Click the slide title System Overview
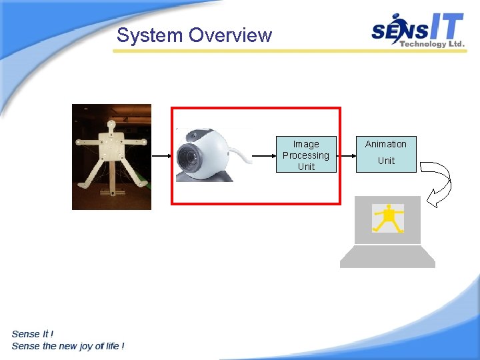pos(194,35)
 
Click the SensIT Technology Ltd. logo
pos(417,31)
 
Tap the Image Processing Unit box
pos(306,155)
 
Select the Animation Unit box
pos(386,154)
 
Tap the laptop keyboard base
pos(387,257)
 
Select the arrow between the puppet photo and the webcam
pos(162,155)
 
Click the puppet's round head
pos(111,125)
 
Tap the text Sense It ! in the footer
pos(33,334)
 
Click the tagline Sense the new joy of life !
pos(68,345)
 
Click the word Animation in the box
pos(386,144)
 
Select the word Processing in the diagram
pos(306,155)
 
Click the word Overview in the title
pos(231,35)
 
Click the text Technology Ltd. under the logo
pos(431,44)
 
